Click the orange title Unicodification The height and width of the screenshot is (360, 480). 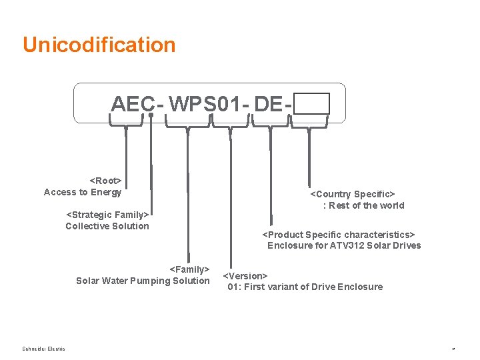[x=99, y=45]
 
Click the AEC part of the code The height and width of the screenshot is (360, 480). [x=133, y=104]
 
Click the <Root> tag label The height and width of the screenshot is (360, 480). [x=105, y=181]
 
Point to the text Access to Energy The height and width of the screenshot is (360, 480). [x=83, y=192]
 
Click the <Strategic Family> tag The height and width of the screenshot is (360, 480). [x=107, y=215]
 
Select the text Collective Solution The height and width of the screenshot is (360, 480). [x=107, y=226]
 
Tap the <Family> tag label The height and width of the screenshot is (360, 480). [x=189, y=269]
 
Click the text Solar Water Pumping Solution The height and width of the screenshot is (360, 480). [x=143, y=281]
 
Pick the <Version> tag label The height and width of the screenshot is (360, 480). [x=245, y=275]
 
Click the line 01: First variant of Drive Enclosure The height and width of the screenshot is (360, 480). [x=305, y=287]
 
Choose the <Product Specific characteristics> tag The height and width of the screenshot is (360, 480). [x=339, y=235]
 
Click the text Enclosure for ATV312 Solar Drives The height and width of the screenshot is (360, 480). [x=344, y=245]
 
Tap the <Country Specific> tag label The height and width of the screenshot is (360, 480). [x=353, y=194]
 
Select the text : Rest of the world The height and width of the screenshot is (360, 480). [x=363, y=205]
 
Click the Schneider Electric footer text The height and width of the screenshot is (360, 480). [x=43, y=349]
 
